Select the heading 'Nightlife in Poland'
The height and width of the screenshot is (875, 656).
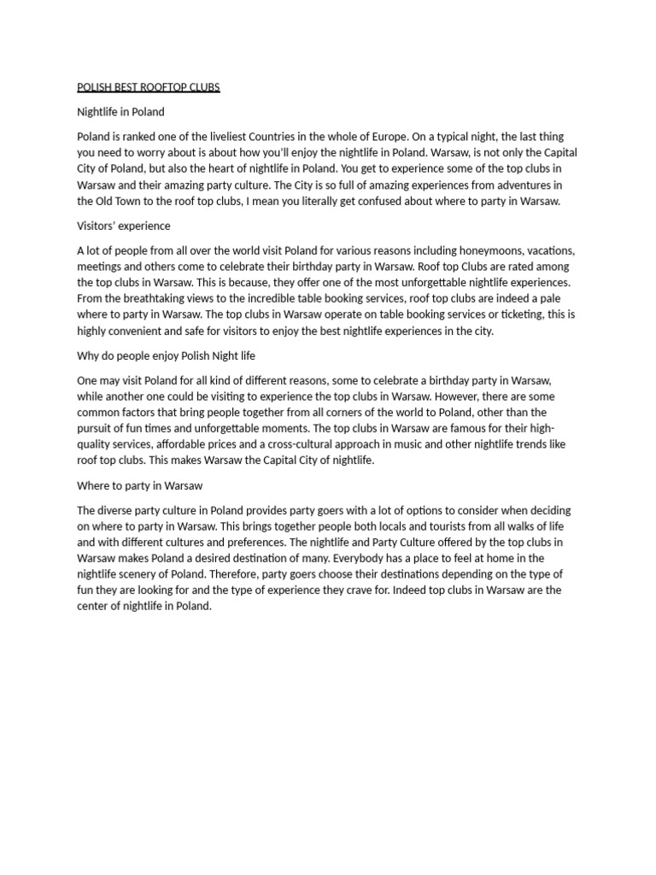120,112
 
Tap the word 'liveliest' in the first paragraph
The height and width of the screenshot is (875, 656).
249,137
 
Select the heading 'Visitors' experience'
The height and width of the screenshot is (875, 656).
124,226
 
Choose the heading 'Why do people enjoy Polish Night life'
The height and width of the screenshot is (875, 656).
167,355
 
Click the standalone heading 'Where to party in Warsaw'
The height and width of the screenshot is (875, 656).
139,485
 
